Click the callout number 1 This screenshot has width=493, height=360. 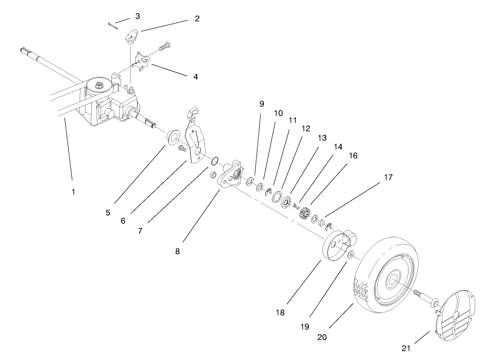point(73,192)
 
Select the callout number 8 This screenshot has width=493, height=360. point(178,251)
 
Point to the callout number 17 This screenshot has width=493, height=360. point(388,178)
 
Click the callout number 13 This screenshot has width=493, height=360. point(321,138)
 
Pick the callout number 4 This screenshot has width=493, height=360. point(195,77)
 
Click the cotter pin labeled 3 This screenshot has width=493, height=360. point(113,26)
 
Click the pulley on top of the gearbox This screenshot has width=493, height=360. point(97,85)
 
